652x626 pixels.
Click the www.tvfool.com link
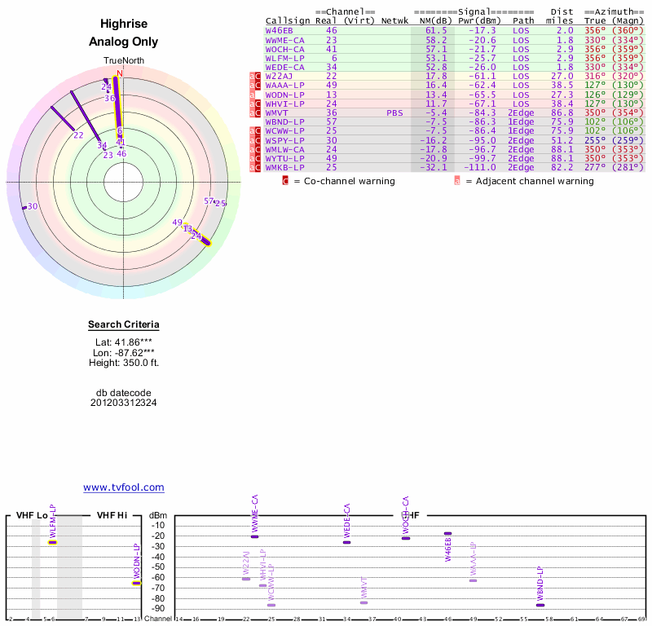coord(123,487)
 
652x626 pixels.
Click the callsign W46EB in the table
coord(280,30)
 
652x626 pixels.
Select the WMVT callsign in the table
coord(277,112)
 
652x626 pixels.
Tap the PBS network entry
coord(394,112)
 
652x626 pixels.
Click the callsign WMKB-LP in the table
coord(285,167)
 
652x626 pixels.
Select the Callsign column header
coord(288,20)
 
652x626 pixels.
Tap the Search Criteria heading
coord(124,325)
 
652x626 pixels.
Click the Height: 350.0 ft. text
coord(124,363)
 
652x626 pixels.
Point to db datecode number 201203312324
coord(124,403)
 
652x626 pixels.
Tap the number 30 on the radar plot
coord(33,206)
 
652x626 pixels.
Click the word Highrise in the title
coord(124,24)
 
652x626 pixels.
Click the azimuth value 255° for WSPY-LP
coord(596,139)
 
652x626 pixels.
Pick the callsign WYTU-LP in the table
coord(285,158)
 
